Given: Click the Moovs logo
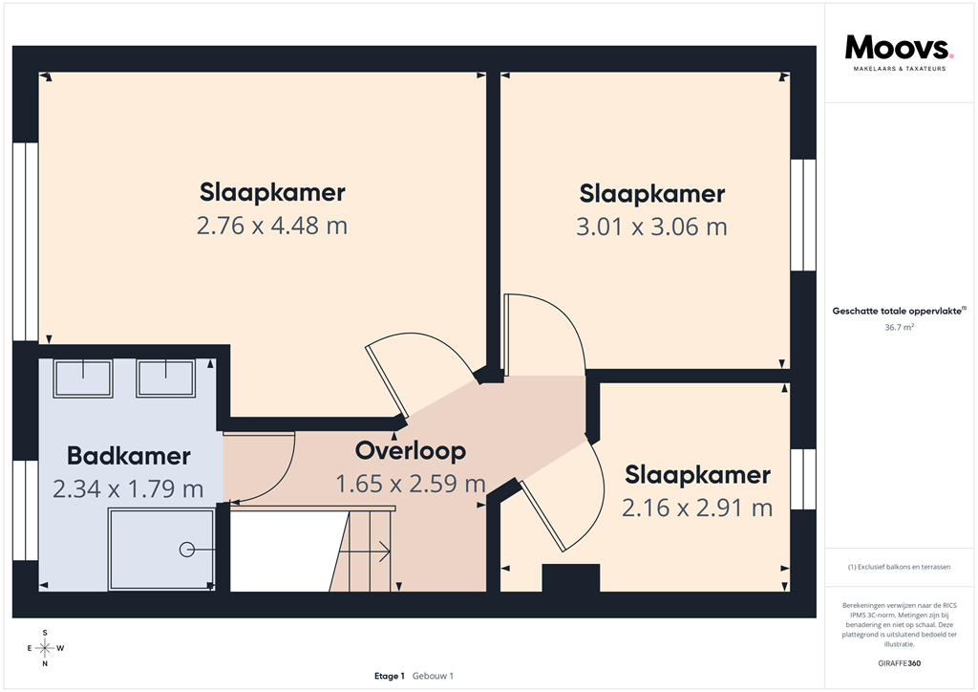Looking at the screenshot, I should click(899, 51).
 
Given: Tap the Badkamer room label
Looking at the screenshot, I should click(128, 456).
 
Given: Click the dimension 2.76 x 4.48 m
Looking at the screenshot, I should click(272, 227).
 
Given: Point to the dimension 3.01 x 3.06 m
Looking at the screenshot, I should click(652, 227).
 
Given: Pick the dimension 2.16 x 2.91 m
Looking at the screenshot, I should click(697, 508).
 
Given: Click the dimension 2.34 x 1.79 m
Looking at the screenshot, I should click(128, 489).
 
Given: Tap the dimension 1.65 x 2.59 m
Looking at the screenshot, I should click(410, 484).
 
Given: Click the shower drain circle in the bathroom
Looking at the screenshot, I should click(186, 549).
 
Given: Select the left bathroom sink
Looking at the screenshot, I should click(83, 378).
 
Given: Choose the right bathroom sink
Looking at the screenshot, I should click(166, 378).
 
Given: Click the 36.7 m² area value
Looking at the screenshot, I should click(899, 327).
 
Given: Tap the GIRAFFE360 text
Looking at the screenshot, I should click(899, 663).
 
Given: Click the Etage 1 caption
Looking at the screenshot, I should click(390, 676).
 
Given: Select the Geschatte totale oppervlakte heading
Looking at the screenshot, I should click(899, 311).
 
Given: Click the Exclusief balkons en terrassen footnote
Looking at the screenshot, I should click(899, 568).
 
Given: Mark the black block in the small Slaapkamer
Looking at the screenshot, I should click(570, 578).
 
